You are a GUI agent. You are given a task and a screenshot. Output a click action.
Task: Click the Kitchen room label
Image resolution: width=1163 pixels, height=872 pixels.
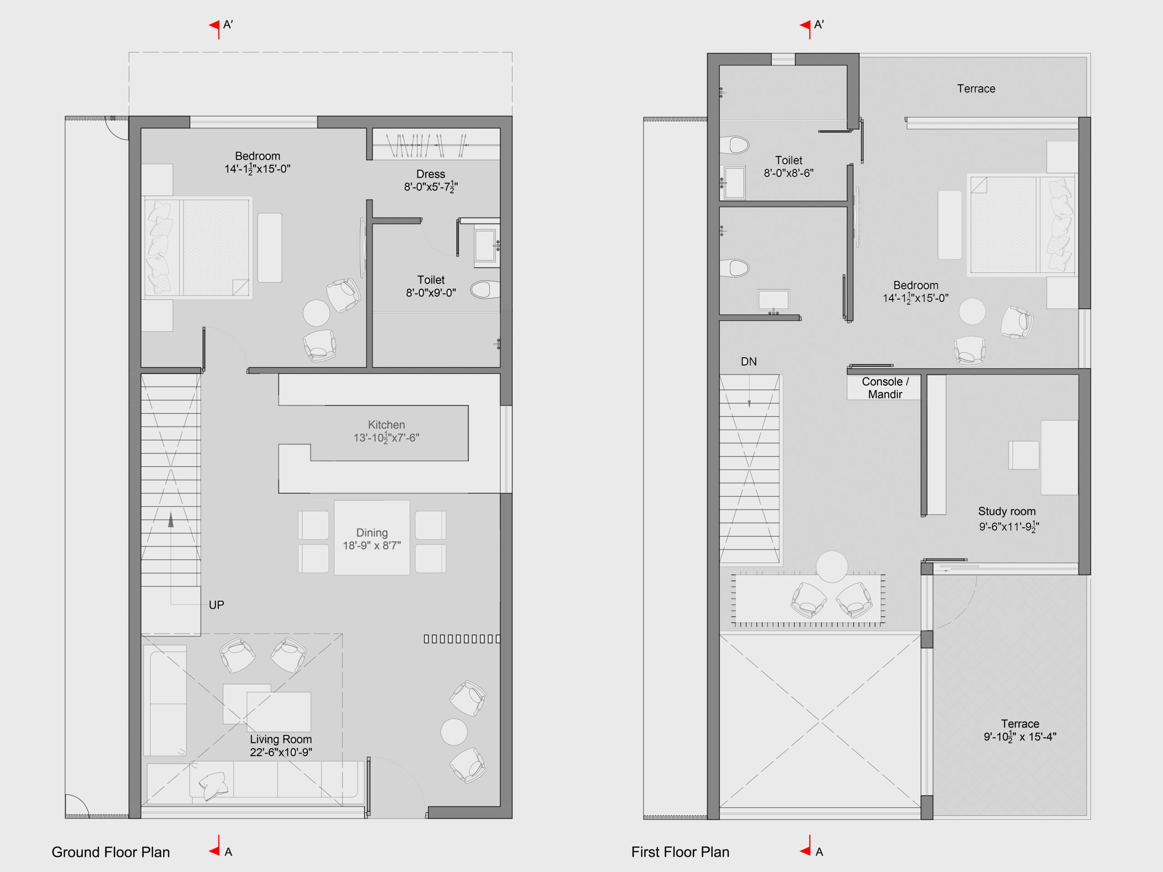[x=387, y=425]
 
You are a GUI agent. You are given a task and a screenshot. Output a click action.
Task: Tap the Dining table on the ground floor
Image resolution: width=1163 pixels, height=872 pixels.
[x=372, y=537]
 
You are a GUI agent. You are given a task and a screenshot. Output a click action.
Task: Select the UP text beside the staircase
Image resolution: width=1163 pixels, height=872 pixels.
[x=217, y=605]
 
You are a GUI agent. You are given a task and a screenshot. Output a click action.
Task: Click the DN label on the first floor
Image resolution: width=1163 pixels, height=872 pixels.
[x=749, y=362]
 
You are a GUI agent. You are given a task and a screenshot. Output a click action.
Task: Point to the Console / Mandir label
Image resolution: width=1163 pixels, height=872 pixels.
[x=885, y=388]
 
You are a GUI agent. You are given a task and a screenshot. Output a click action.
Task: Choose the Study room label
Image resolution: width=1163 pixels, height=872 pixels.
[x=1007, y=511]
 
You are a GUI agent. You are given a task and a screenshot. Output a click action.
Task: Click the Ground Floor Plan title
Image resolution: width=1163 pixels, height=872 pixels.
[x=110, y=852]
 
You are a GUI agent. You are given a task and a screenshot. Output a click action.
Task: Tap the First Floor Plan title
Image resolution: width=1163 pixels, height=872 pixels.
[x=681, y=852]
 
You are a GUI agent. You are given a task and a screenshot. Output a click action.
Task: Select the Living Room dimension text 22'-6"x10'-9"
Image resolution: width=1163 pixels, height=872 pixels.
[x=281, y=752]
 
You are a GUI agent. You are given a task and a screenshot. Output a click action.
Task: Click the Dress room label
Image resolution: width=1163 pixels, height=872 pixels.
[x=431, y=174]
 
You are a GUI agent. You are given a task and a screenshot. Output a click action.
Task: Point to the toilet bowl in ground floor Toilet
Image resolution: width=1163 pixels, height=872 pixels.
[x=485, y=290]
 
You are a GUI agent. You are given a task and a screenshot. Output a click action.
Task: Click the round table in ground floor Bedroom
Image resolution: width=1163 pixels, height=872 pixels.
[x=317, y=313]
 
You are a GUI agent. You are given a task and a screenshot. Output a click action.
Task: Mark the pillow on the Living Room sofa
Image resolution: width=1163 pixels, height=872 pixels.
[x=214, y=786]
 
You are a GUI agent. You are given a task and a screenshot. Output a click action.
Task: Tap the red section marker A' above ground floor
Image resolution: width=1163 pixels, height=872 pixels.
[x=214, y=26]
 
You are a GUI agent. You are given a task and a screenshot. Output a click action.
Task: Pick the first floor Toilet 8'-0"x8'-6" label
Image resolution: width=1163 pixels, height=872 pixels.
[x=789, y=167]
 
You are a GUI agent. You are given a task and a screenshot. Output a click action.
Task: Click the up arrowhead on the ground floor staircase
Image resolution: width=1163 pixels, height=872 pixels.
[x=171, y=520]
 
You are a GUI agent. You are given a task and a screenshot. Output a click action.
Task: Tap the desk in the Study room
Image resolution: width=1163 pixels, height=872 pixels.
[x=1059, y=457]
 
